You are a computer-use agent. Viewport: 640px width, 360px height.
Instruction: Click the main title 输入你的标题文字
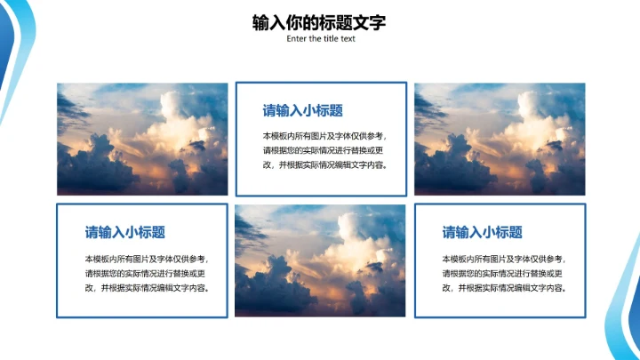pyautogui.click(x=319, y=22)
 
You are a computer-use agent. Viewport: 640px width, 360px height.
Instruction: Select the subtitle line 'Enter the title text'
pyautogui.click(x=321, y=39)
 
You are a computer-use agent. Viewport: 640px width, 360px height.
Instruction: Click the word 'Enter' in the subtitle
pyautogui.click(x=297, y=39)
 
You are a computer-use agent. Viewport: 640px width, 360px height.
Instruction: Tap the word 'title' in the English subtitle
pyautogui.click(x=331, y=39)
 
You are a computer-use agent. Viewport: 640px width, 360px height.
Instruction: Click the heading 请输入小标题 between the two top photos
pyautogui.click(x=302, y=111)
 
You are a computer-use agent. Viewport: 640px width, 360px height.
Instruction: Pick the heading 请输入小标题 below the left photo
pyautogui.click(x=124, y=233)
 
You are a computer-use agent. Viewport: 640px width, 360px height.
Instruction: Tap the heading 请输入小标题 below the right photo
pyautogui.click(x=482, y=233)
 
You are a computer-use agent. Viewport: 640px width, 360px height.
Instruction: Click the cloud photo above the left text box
pyautogui.click(x=142, y=139)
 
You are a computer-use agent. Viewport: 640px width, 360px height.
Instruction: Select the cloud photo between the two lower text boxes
pyautogui.click(x=320, y=260)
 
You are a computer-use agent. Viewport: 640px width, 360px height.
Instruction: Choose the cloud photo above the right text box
pyautogui.click(x=500, y=139)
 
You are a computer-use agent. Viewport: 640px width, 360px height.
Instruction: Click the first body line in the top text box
pyautogui.click(x=325, y=136)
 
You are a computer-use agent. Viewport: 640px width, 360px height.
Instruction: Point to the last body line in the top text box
pyautogui.click(x=325, y=165)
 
